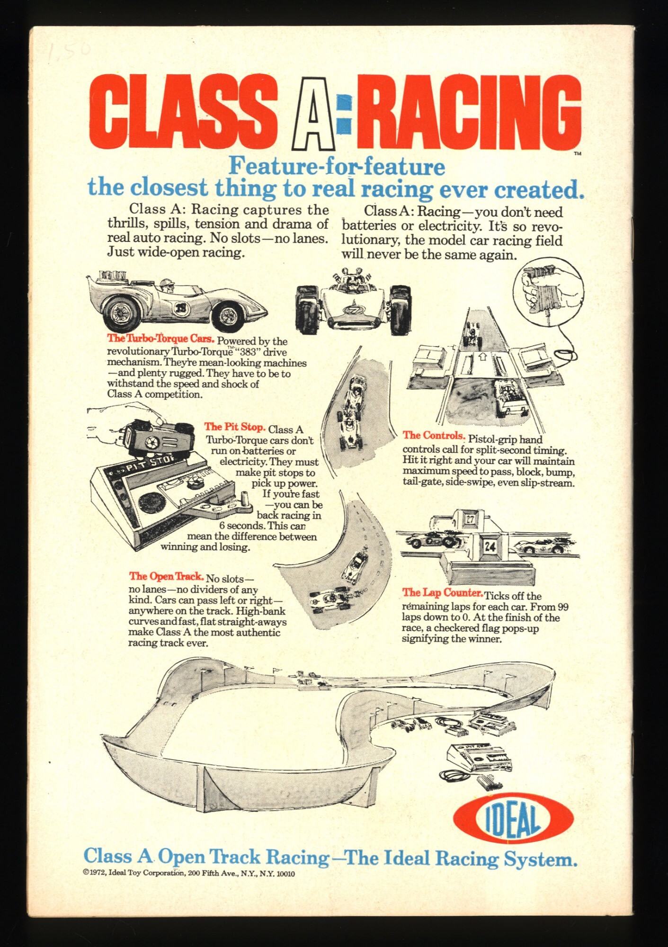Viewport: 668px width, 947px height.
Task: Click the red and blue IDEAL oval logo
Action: tap(513, 819)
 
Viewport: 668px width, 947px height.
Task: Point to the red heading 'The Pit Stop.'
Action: tap(234, 427)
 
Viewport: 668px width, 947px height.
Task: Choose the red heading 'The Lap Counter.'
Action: tap(442, 592)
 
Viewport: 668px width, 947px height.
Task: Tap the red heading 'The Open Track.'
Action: tap(166, 576)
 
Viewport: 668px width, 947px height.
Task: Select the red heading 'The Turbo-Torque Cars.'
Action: tap(161, 339)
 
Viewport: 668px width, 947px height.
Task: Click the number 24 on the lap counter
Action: tap(490, 546)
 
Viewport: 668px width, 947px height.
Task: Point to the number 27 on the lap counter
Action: tap(469, 519)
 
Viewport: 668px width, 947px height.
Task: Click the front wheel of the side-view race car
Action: tap(228, 314)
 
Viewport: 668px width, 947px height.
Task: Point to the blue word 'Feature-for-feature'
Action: tap(337, 166)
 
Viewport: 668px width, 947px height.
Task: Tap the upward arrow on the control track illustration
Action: tap(482, 357)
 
